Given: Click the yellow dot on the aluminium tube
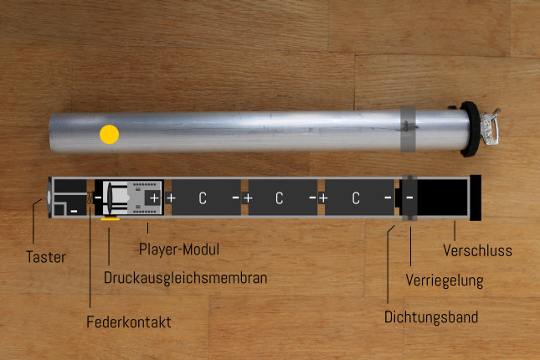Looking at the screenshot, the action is point(109,134).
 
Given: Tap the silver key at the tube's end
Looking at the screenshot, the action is point(490,126).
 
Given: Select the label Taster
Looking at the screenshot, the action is point(46,257).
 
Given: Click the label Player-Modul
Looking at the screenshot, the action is point(179,249).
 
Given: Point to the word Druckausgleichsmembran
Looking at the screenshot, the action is point(185,278).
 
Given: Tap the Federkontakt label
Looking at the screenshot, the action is point(129,322).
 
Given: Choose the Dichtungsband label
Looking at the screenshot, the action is point(431,317).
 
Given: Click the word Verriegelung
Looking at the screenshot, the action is point(445,280).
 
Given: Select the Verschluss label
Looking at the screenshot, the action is point(478,250).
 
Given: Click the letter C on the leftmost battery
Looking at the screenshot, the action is point(203,198).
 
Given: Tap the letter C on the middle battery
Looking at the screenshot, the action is point(280,198).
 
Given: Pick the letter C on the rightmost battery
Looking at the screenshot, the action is point(356,198).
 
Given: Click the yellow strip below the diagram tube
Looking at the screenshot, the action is point(111,219).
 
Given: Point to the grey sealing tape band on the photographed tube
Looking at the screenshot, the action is point(408,129).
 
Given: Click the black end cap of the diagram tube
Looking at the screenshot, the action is point(476,198).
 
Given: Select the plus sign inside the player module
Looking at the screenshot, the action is point(155,198).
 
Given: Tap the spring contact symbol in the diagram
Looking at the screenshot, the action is point(90,198).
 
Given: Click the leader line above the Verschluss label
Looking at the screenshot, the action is point(455,231).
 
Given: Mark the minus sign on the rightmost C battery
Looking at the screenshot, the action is point(388,198).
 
